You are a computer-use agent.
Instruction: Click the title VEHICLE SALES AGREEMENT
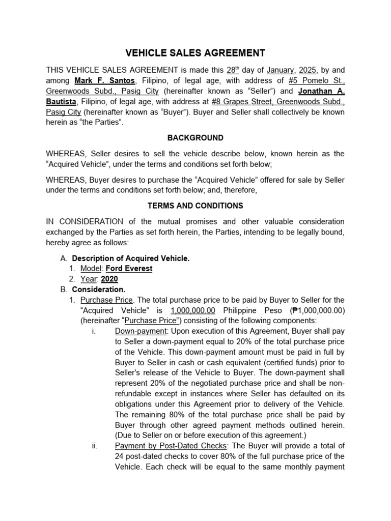click(x=195, y=52)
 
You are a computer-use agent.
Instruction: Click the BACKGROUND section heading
click(x=195, y=138)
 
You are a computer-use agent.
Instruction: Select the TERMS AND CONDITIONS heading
click(x=195, y=206)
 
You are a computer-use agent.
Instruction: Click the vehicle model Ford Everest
click(x=129, y=268)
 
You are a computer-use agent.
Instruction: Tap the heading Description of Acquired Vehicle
click(x=131, y=258)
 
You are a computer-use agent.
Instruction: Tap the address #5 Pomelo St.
click(x=316, y=80)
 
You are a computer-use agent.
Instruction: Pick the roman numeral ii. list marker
click(x=94, y=446)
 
